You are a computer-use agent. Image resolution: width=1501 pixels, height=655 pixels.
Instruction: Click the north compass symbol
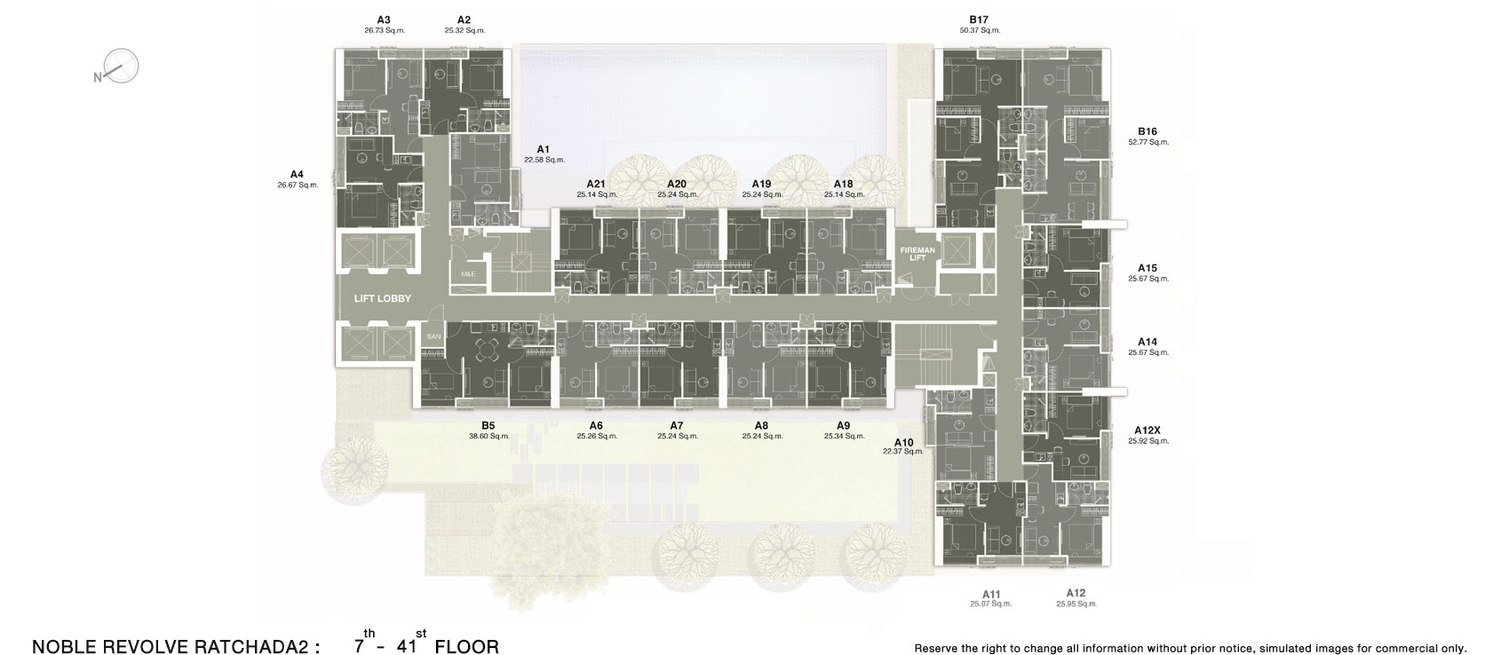pos(116,67)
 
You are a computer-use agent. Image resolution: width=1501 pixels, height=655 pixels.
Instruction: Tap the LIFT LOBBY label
pos(383,299)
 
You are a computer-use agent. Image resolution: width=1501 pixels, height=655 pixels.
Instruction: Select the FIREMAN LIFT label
pos(917,254)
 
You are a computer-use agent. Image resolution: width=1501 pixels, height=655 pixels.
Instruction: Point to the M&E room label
pos(468,274)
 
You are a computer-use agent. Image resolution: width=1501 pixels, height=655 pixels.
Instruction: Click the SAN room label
pos(433,336)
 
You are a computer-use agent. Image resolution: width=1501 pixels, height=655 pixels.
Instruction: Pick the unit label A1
pos(543,149)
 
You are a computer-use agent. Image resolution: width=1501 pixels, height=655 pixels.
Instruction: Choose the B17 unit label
pos(979,20)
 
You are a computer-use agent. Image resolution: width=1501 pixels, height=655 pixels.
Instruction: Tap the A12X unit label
pos(1148,430)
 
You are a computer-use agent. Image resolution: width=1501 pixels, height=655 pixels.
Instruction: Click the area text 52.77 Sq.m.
pos(1148,142)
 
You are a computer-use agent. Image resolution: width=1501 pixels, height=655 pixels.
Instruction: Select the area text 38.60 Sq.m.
pos(489,436)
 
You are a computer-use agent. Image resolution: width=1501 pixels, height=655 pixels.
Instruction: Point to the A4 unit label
pos(297,175)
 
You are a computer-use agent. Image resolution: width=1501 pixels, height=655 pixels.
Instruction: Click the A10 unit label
pos(903,443)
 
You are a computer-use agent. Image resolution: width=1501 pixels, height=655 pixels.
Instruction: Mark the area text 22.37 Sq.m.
pos(903,452)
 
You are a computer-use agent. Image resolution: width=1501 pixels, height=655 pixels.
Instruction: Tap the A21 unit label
pos(596,185)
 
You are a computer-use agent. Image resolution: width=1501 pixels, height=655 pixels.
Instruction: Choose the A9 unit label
pos(843,426)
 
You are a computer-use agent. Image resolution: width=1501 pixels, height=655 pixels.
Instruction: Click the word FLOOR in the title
pos(467,647)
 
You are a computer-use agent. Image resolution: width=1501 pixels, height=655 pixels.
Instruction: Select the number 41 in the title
pos(407,646)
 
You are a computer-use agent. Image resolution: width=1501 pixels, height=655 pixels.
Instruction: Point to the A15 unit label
pos(1148,269)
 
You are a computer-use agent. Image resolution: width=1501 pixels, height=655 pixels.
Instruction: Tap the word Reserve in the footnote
pos(936,648)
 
